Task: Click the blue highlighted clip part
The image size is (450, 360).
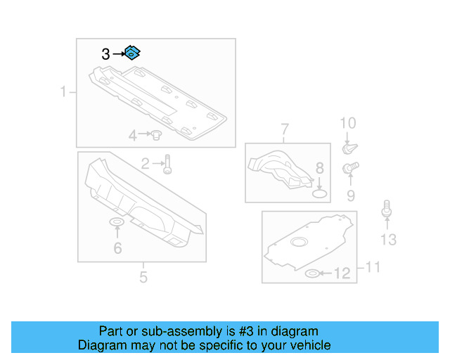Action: point(132,53)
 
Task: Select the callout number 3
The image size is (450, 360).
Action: point(105,54)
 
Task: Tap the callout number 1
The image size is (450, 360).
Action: point(63,92)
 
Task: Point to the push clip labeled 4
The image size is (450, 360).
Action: point(156,134)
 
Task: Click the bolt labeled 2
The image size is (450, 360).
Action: point(167,165)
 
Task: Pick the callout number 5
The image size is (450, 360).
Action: point(143,277)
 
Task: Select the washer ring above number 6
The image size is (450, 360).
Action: point(117,222)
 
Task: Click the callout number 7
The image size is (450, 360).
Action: point(284,129)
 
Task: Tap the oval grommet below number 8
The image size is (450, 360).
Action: point(319,194)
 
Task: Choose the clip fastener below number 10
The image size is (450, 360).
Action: point(350,148)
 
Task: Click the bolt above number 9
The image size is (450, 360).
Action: point(350,167)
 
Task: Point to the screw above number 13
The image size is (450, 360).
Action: point(387,209)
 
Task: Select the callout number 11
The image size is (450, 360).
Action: point(373,267)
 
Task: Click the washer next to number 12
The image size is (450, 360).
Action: point(312,274)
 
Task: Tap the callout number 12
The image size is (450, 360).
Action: point(342,274)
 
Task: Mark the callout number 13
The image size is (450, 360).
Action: point(388,240)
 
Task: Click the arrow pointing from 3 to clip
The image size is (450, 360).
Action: point(119,53)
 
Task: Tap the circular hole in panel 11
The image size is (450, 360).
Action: point(299,242)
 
